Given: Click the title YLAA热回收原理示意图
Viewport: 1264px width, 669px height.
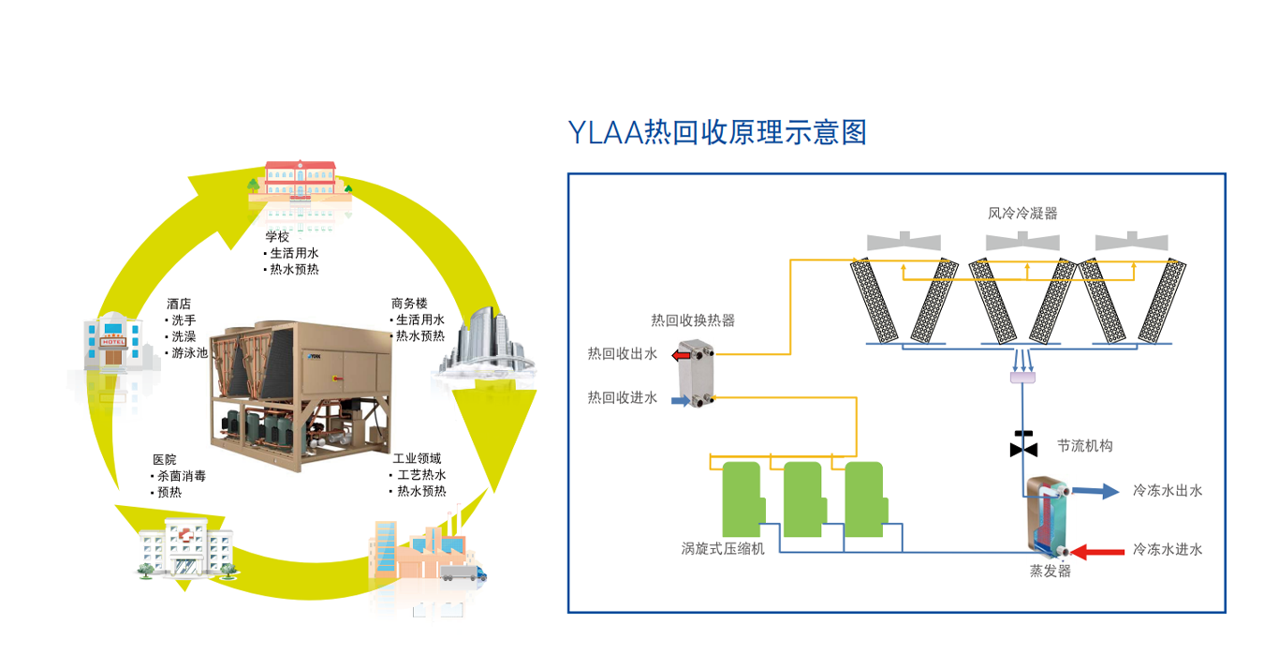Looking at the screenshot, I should click(717, 133).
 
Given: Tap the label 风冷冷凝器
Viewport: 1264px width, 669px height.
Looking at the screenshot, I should click(1022, 213).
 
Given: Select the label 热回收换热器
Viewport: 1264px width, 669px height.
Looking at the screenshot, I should click(693, 320).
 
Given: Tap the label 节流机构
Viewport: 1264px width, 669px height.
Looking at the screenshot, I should click(1084, 446).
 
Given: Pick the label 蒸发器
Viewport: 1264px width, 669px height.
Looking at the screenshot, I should click(1050, 571).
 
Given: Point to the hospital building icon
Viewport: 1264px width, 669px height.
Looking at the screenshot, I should click(184, 549).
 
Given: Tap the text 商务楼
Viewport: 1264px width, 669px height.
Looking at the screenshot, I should click(409, 304).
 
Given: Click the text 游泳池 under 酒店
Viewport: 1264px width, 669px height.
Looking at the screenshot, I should click(189, 352).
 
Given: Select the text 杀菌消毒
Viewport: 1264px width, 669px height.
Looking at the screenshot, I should click(182, 476).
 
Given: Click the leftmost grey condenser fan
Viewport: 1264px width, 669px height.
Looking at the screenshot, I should click(904, 241).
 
